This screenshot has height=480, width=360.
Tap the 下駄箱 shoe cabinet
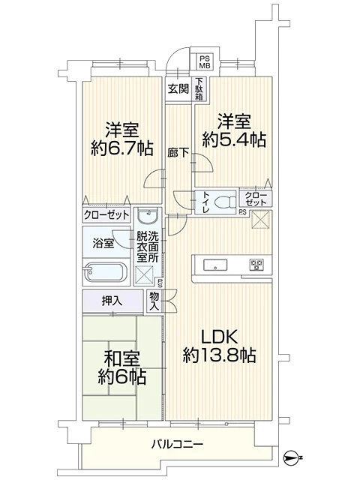coord(199,88)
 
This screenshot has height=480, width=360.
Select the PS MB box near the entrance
coord(205,61)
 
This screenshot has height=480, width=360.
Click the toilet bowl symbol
coord(225,202)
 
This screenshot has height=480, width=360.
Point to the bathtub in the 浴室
coord(106,271)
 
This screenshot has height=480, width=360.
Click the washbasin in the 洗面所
coord(148,216)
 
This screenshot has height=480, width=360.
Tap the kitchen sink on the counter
coord(215,265)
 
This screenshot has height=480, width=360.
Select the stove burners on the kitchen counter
coord(256,265)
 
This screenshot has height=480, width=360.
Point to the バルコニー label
coord(177,444)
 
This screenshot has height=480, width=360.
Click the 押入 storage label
coord(112,301)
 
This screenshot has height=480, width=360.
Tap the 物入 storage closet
coord(154,301)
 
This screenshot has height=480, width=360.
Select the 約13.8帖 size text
coord(219,355)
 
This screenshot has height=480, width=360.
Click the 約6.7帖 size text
coord(121,148)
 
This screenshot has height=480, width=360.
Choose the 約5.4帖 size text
coord(234,140)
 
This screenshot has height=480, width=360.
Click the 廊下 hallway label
coord(178,152)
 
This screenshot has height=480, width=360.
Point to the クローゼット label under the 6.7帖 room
coord(106,215)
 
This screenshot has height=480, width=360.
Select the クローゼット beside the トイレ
coord(256,198)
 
